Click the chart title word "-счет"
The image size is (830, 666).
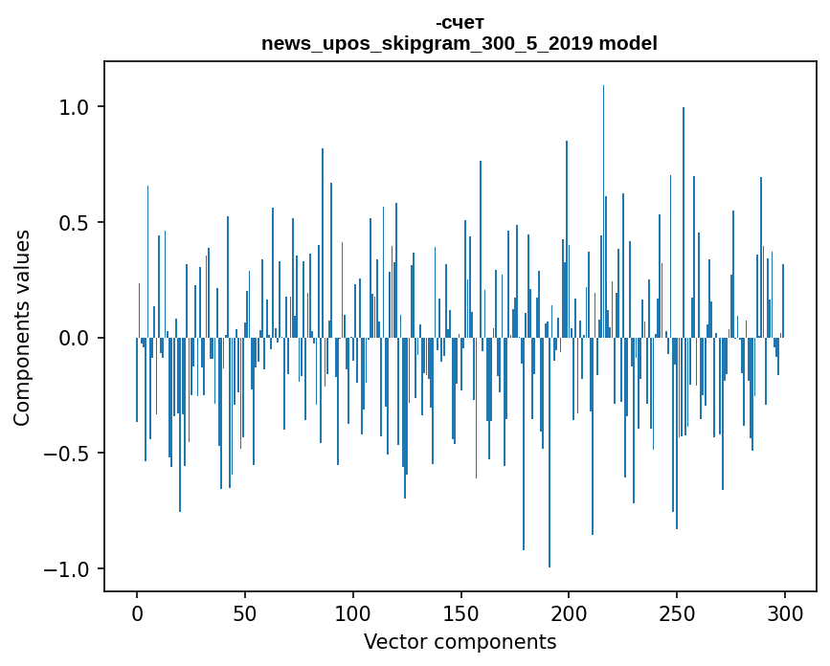click(x=460, y=23)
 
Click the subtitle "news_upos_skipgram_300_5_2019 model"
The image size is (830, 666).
click(x=460, y=43)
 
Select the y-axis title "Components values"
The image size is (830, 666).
click(x=22, y=327)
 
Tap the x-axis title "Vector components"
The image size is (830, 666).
click(x=460, y=641)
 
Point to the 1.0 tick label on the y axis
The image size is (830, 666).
click(x=76, y=107)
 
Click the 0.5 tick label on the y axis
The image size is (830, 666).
click(x=76, y=223)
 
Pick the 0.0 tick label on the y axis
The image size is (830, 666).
click(x=76, y=338)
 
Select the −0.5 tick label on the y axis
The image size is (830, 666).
click(x=69, y=454)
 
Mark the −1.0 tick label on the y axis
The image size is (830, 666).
click(x=69, y=569)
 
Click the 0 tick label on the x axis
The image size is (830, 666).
click(x=137, y=612)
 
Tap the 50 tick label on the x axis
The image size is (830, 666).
click(x=245, y=612)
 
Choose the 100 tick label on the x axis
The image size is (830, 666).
click(x=353, y=612)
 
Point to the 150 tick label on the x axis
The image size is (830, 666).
click(x=460, y=612)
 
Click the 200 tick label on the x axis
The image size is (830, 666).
click(x=569, y=612)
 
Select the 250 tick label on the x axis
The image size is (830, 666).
click(x=677, y=612)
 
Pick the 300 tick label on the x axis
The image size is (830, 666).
click(x=785, y=612)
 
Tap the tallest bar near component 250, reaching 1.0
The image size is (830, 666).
click(x=684, y=220)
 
